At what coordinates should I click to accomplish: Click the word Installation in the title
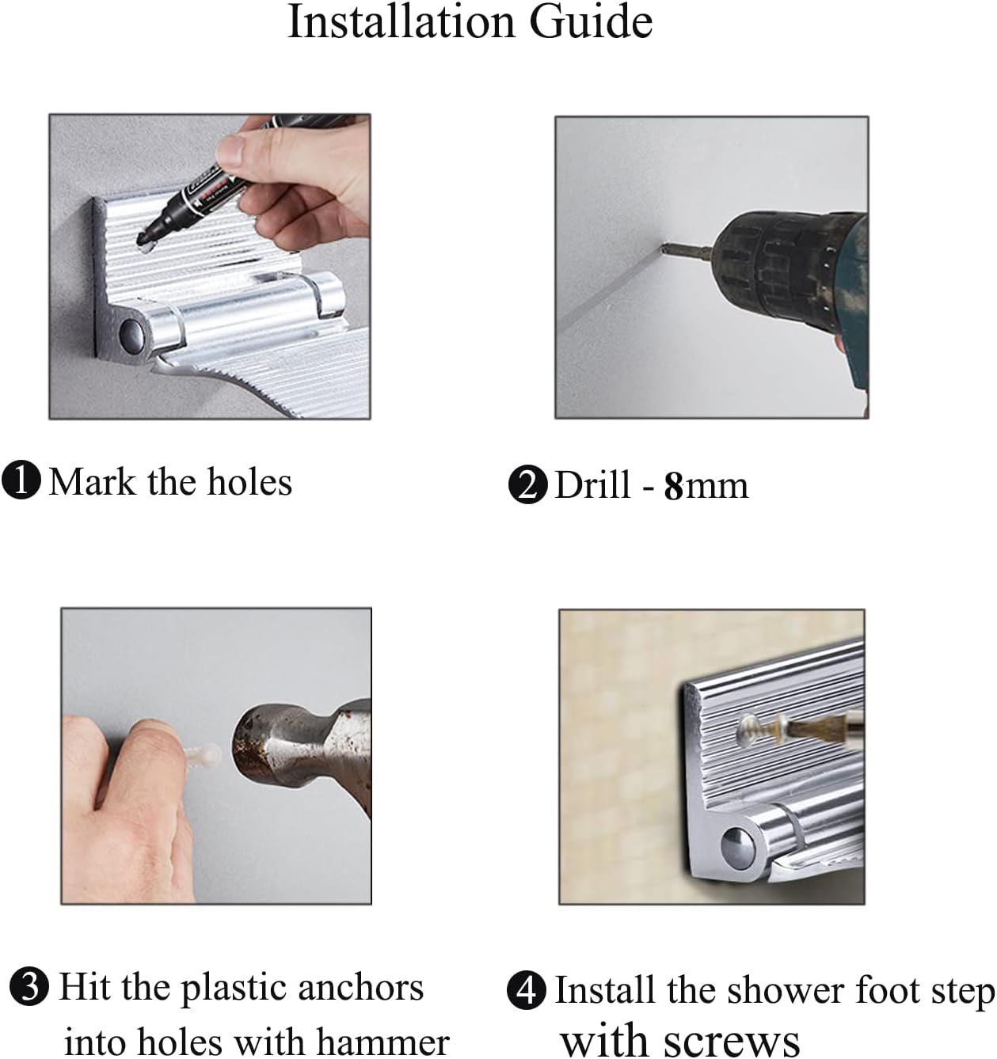click(x=401, y=22)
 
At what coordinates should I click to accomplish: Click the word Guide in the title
click(x=592, y=22)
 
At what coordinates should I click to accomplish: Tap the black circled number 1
click(x=21, y=480)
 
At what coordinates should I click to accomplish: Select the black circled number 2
click(x=527, y=484)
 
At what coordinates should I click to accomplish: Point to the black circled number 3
click(x=29, y=987)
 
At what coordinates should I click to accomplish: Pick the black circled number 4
click(x=527, y=991)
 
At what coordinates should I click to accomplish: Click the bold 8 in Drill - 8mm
click(x=674, y=486)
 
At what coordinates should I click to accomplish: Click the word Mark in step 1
click(x=93, y=482)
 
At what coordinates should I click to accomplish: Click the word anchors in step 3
click(x=361, y=988)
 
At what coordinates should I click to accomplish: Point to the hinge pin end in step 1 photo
click(x=131, y=334)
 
